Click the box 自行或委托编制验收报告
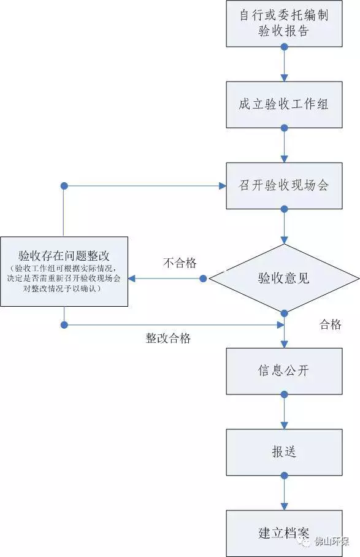coord(284,23)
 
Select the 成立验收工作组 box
coord(284,104)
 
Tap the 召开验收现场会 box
coord(284,185)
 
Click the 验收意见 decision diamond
coord(284,278)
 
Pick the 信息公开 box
coord(284,371)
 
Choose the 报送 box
coord(284,452)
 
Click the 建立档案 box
coord(284,532)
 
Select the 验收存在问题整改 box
coord(64,271)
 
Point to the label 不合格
coord(180,263)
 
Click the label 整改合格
coord(168,338)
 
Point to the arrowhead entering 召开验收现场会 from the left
coord(222,185)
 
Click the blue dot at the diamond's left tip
coord(204,278)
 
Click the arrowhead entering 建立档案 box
coord(284,506)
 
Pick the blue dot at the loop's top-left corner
coord(64,185)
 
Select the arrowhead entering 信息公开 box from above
coord(284,345)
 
